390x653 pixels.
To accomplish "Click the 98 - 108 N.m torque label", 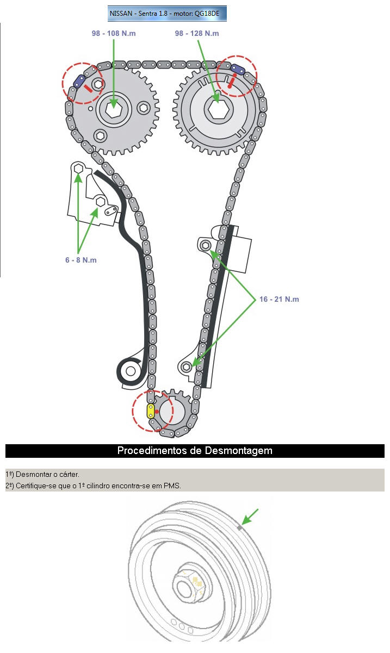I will [x=114, y=33].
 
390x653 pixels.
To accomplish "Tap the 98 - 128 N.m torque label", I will [x=197, y=33].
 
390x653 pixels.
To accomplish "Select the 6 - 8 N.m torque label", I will [x=81, y=260].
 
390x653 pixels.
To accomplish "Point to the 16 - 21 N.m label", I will [x=279, y=299].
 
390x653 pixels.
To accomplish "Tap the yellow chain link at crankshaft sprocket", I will [x=151, y=411].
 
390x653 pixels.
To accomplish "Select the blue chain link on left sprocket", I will [x=79, y=82].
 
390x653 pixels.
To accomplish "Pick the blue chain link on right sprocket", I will [x=238, y=68].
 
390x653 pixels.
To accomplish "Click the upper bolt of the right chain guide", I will [x=206, y=246].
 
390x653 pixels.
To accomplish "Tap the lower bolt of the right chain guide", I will [x=187, y=366].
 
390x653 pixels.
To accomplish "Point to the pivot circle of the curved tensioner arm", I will [x=131, y=371].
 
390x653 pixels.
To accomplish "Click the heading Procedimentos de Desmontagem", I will [x=195, y=451].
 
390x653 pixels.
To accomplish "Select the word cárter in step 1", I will [x=69, y=475].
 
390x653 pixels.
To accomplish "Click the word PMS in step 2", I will [x=172, y=486].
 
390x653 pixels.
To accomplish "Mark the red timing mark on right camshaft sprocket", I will [x=232, y=82].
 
